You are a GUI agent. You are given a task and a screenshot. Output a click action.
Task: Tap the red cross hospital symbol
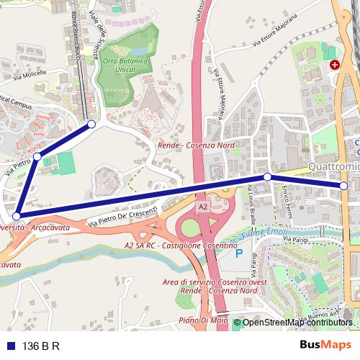(334, 65)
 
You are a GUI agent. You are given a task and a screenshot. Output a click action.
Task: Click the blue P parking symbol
(238, 255)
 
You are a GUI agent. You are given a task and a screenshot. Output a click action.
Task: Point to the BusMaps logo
(325, 346)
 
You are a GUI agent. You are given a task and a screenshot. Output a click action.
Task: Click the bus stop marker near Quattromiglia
(267, 176)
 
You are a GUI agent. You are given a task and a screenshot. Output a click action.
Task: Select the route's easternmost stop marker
(343, 186)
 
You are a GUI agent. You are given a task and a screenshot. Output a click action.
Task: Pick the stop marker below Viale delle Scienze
(91, 125)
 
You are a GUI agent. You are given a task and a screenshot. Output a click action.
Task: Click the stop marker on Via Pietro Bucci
(36, 156)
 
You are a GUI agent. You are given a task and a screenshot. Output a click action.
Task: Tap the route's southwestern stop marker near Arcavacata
(17, 215)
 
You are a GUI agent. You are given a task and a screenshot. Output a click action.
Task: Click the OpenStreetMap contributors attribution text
(297, 323)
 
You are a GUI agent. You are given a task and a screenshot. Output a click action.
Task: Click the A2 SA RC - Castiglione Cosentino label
(181, 246)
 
